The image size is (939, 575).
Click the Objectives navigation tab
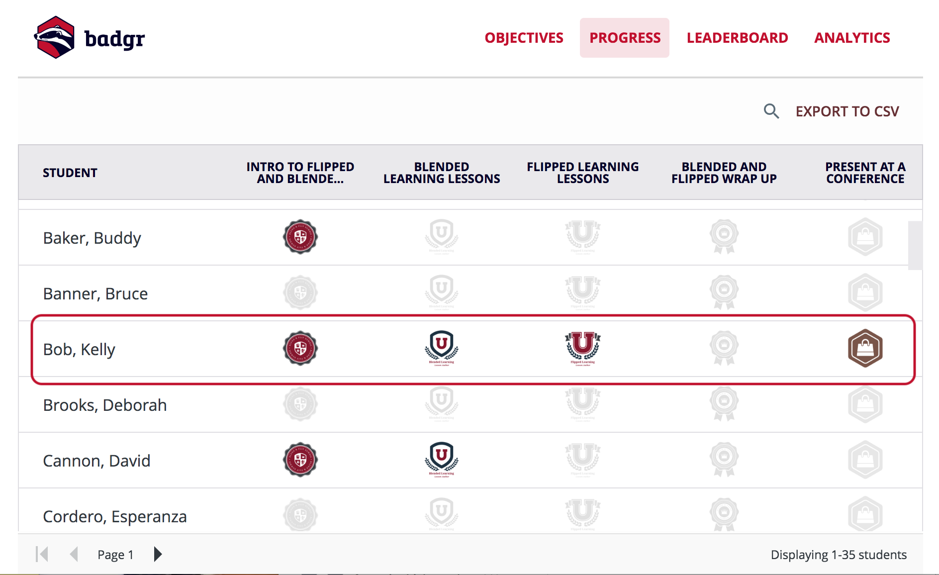pyautogui.click(x=524, y=38)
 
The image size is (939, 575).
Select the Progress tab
pyautogui.click(x=625, y=38)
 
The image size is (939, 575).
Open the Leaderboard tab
pyautogui.click(x=737, y=38)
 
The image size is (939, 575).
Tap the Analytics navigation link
pyautogui.click(x=852, y=38)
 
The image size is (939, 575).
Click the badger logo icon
pyautogui.click(x=55, y=37)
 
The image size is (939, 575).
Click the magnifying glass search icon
pyautogui.click(x=771, y=111)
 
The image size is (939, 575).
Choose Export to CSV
pyautogui.click(x=847, y=111)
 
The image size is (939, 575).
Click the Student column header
pyautogui.click(x=70, y=173)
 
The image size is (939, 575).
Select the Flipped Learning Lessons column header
pyautogui.click(x=582, y=173)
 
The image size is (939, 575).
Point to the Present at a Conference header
pyautogui.click(x=865, y=173)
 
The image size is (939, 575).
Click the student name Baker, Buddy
pyautogui.click(x=92, y=238)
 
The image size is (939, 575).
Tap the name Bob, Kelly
pyautogui.click(x=79, y=350)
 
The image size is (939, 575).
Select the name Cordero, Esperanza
pyautogui.click(x=115, y=517)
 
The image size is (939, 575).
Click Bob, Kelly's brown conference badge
pyautogui.click(x=865, y=348)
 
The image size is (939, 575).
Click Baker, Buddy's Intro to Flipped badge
pyautogui.click(x=300, y=237)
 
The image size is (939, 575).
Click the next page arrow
pyautogui.click(x=158, y=554)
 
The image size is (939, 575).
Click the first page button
pyautogui.click(x=42, y=554)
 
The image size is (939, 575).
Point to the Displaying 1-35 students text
pyautogui.click(x=839, y=555)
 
